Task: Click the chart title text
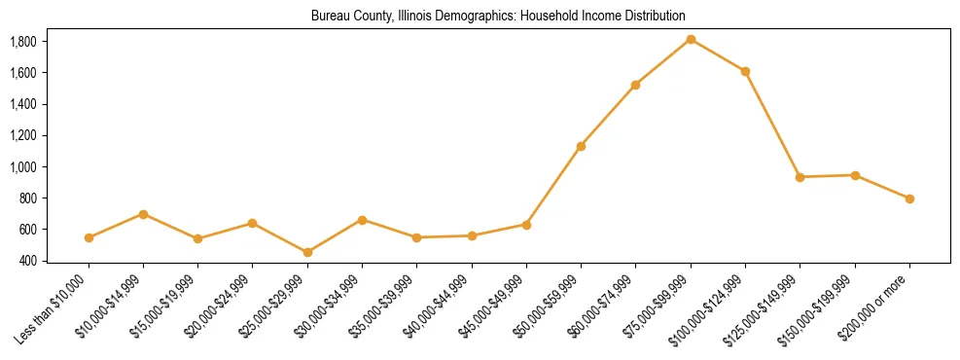498,17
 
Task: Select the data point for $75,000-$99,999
691,39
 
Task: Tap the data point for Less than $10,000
89,237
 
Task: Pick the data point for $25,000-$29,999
307,252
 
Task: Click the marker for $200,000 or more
909,198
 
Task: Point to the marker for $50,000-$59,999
581,146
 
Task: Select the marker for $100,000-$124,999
745,71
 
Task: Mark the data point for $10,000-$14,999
143,214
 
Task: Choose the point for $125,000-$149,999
800,177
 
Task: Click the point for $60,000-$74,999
635,85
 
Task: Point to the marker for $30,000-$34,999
362,220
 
